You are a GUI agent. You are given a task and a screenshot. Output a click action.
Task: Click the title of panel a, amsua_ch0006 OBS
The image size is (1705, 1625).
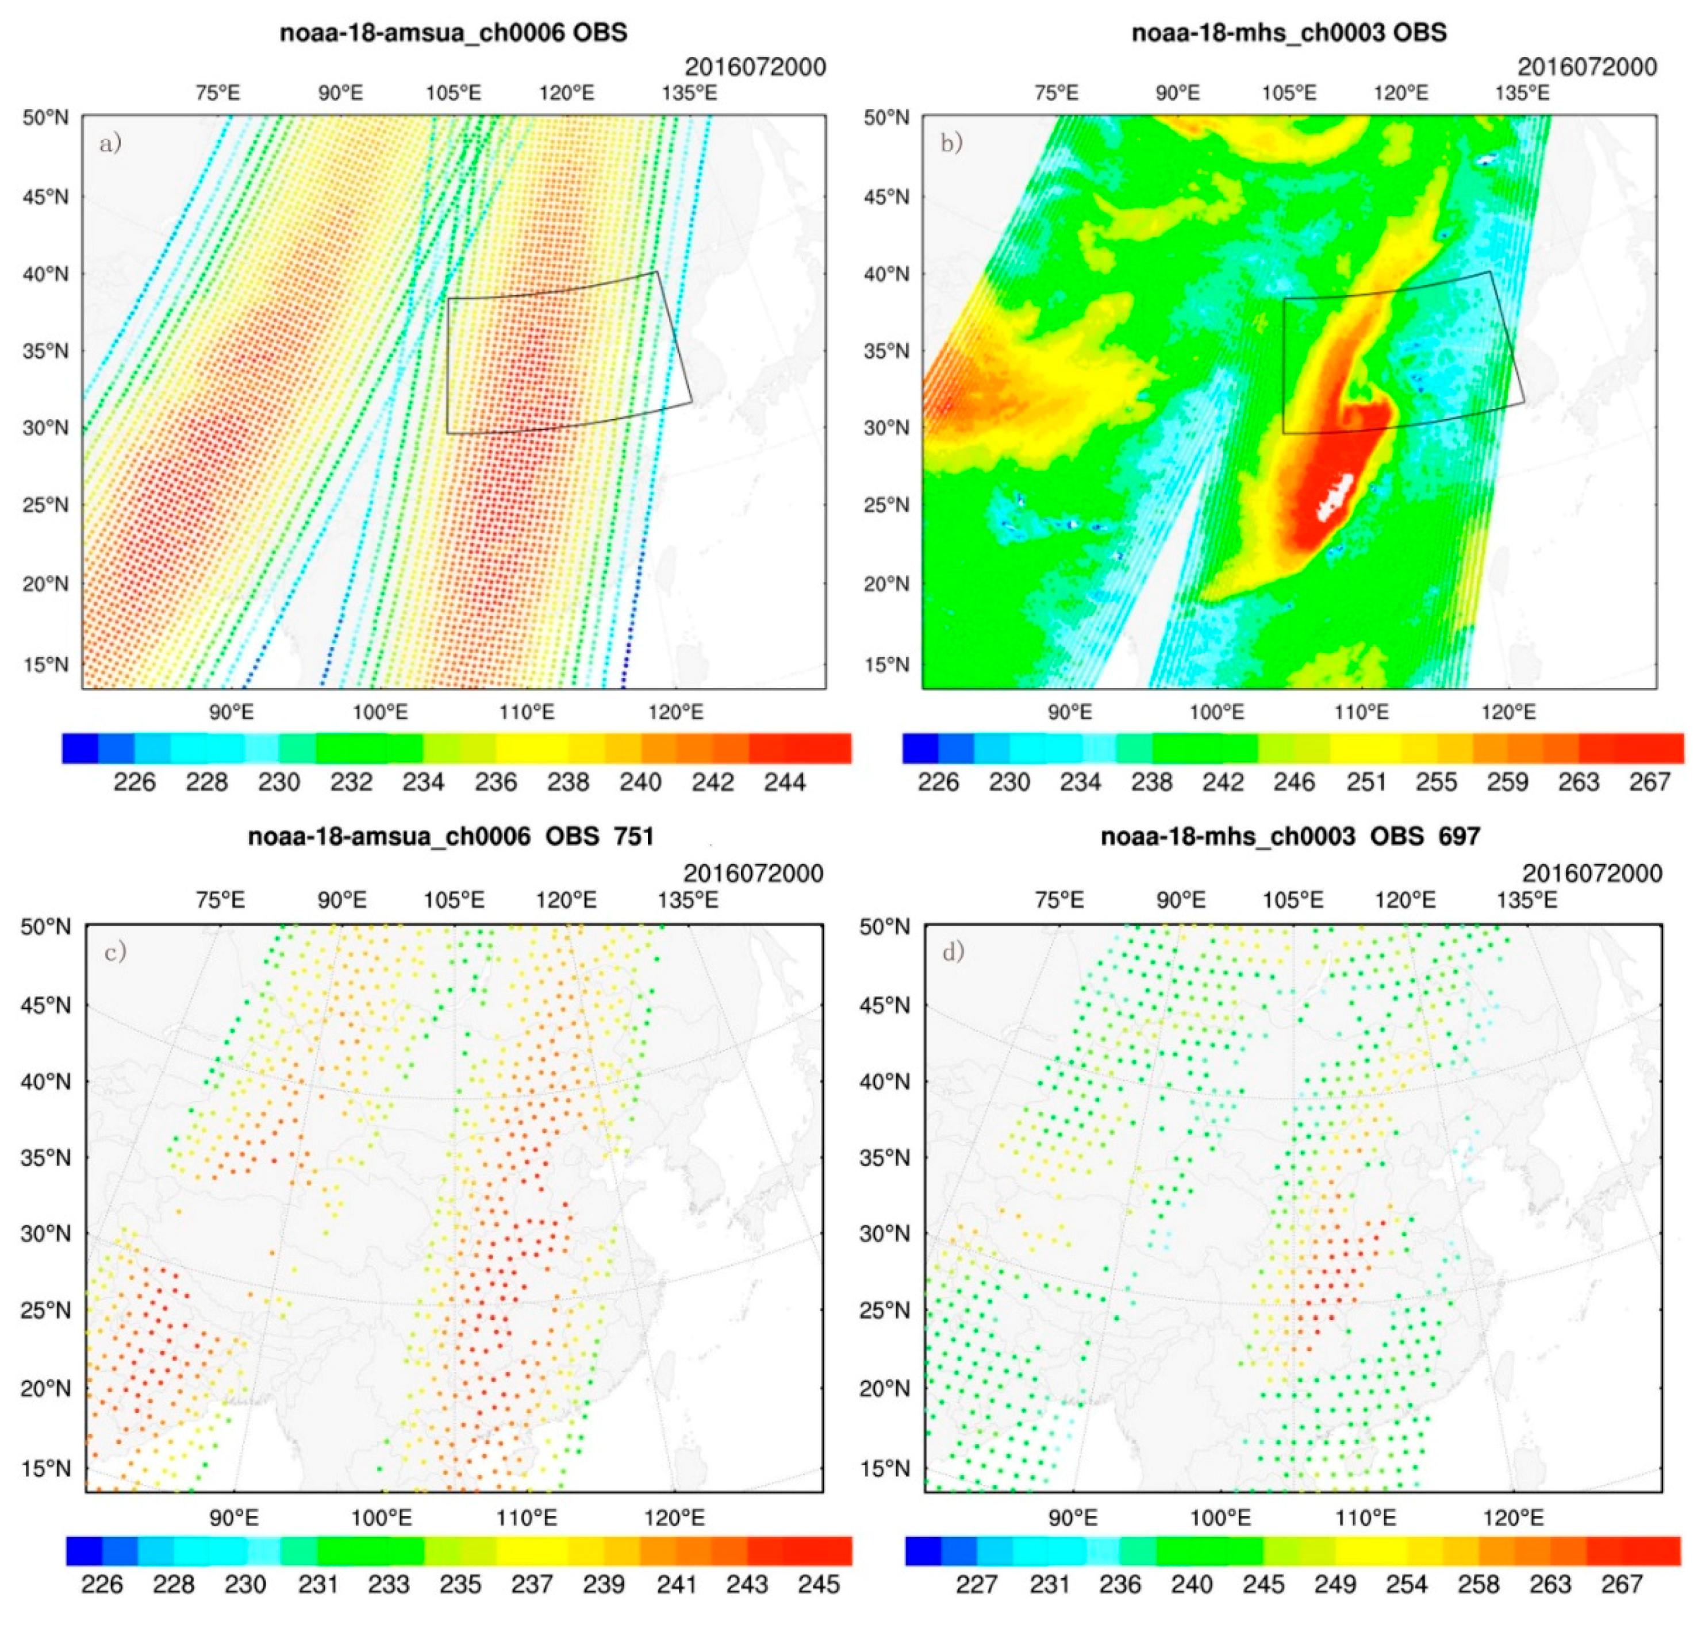(x=453, y=33)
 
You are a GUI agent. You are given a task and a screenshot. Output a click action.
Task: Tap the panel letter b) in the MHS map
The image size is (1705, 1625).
(x=951, y=142)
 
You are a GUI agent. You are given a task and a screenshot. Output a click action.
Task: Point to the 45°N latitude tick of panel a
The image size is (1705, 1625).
(x=44, y=197)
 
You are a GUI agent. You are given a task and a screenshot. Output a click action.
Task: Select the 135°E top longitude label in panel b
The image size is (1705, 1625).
(x=1521, y=93)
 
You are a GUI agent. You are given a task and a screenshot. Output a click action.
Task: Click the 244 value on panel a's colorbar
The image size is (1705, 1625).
(x=785, y=782)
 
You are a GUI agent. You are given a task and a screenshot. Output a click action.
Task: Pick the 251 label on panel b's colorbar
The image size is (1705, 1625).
(x=1365, y=782)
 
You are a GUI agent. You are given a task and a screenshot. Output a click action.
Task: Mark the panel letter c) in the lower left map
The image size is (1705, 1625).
(x=115, y=952)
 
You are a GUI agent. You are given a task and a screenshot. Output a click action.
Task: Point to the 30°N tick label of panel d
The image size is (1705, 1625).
(x=885, y=1234)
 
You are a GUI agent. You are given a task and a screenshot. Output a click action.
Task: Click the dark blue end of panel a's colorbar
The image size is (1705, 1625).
(x=80, y=748)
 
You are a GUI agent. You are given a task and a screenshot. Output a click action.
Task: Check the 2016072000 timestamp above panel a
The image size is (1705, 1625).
(x=755, y=67)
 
